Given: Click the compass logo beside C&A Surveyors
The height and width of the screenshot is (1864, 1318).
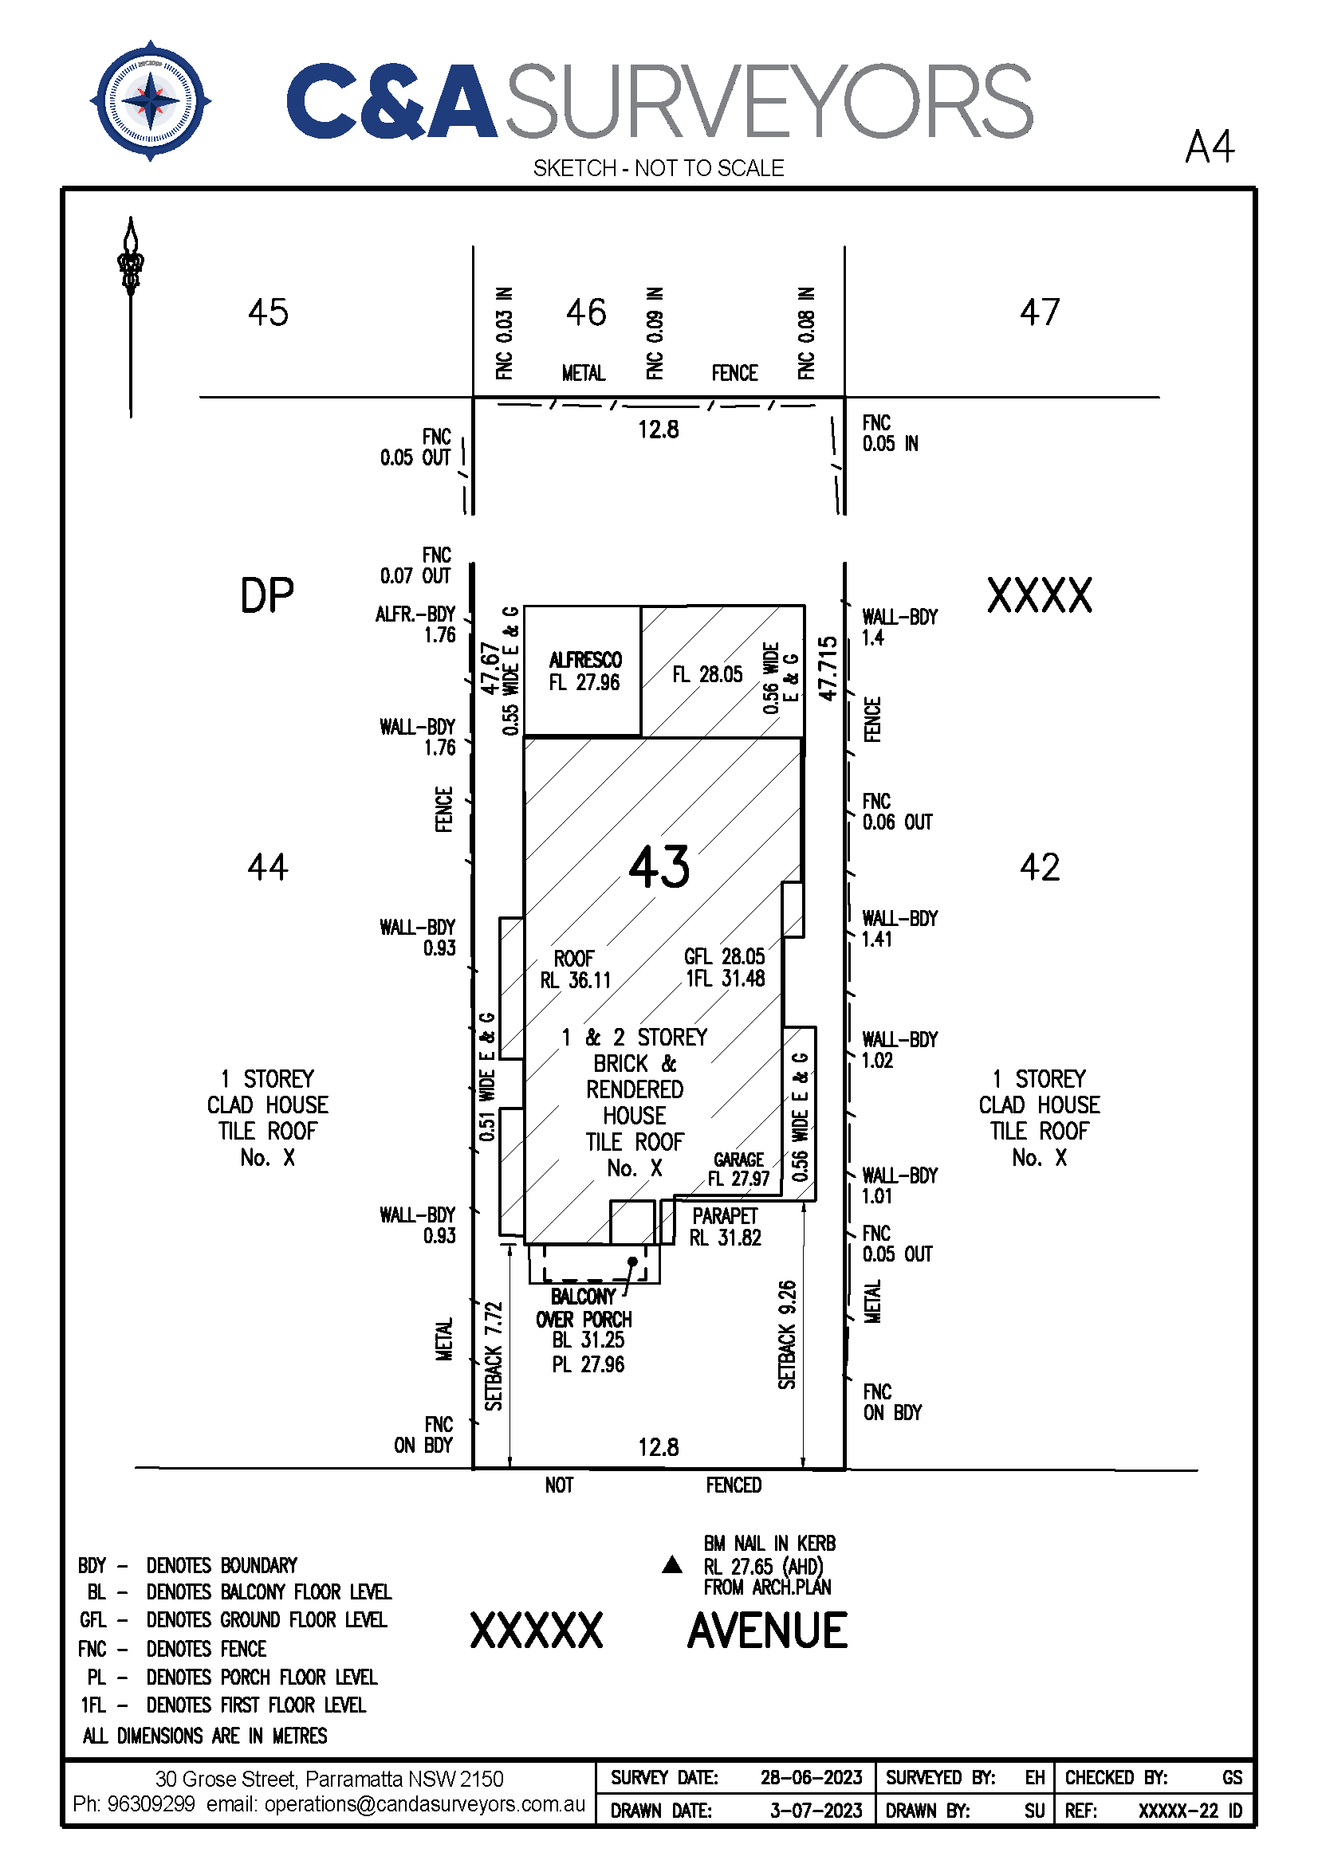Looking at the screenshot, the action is pos(150,100).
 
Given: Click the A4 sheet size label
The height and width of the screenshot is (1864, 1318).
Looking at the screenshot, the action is pos(1210,147).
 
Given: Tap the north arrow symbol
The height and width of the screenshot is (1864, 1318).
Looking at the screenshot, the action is pos(131,316).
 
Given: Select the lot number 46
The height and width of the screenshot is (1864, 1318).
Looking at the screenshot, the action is pos(586,312).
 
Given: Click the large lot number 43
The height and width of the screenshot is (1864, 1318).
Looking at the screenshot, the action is pos(659,866).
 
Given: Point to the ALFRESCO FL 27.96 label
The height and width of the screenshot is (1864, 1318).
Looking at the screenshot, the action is pos(584,670).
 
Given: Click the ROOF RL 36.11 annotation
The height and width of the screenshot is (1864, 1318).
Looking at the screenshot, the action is pos(575,969).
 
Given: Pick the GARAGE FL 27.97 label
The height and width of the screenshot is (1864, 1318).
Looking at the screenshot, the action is pos(738,1169).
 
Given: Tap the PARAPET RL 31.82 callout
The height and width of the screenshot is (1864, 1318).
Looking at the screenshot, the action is pos(726,1226).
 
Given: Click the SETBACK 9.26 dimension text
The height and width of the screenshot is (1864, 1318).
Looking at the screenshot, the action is pos(787,1335).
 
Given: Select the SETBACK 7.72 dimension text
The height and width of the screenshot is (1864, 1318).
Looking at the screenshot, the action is pos(494,1356).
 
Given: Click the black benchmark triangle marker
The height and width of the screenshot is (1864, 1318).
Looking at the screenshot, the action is pos(672,1564).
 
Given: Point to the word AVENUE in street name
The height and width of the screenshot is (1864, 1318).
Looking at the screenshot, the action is pos(767,1631).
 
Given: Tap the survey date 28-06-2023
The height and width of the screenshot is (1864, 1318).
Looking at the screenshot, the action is pos(811,1777).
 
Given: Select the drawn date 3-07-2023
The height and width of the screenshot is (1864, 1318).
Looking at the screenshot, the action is pos(816,1811).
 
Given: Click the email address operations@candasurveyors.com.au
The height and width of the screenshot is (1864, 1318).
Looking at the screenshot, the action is pos(425,1804).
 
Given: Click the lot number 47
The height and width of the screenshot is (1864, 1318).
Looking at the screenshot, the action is pos(1041,312).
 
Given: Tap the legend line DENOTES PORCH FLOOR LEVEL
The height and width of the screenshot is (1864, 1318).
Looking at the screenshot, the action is pos(262,1677).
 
